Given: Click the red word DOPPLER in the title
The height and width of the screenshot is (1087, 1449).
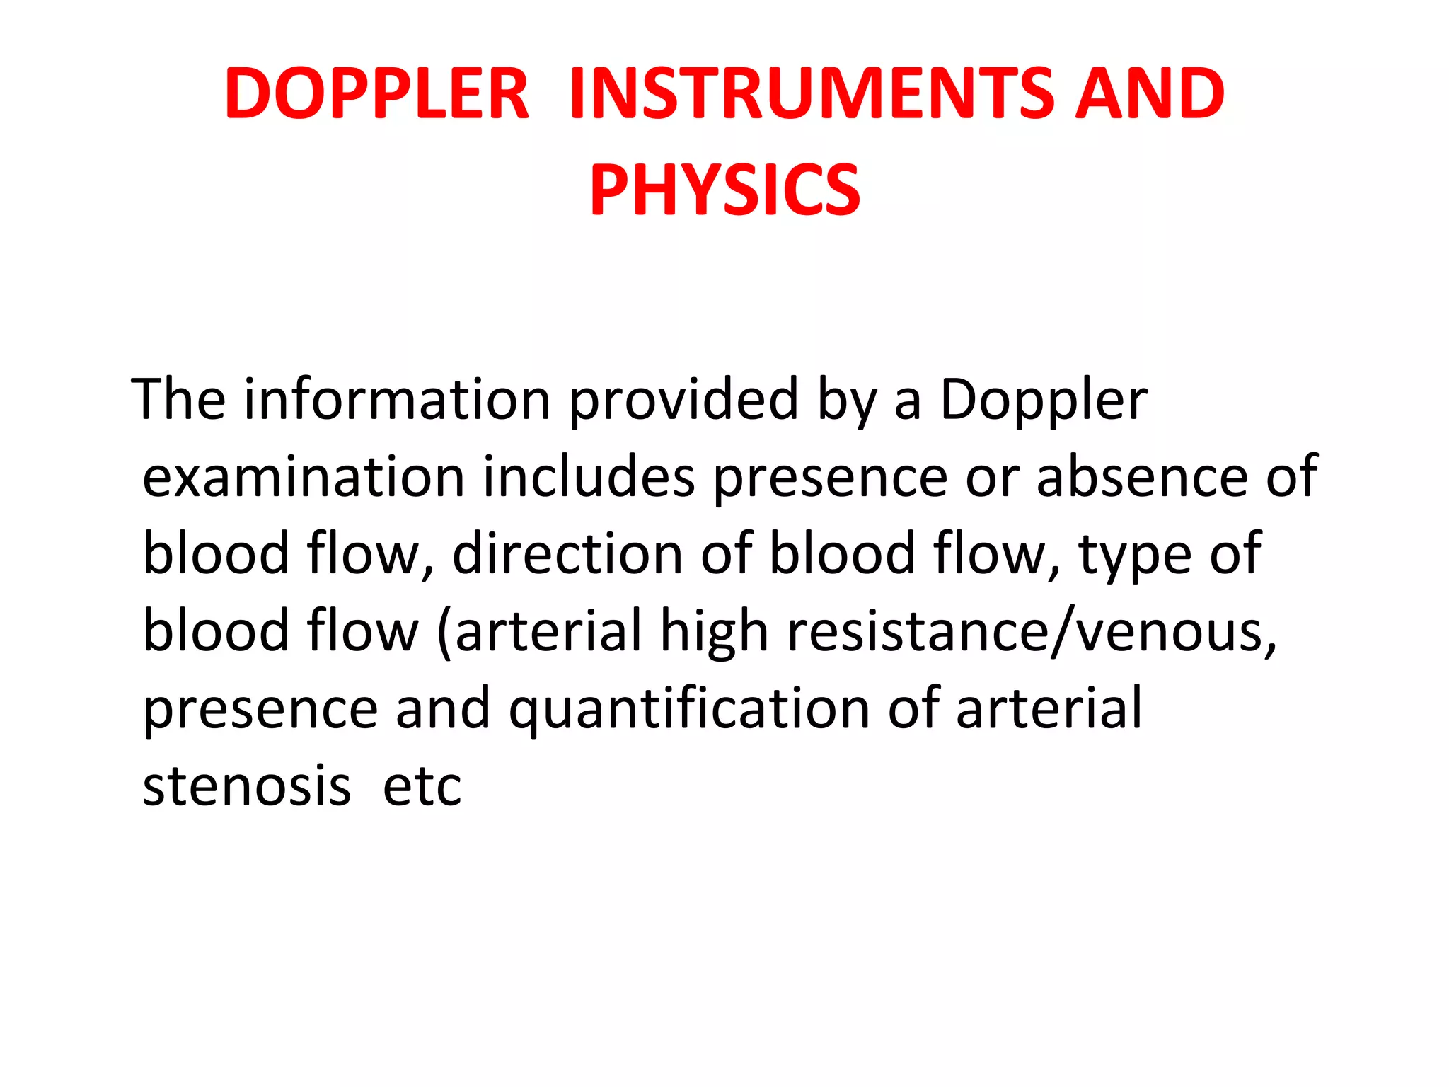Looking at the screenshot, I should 376,93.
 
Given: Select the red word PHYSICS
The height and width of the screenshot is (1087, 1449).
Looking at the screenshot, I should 725,190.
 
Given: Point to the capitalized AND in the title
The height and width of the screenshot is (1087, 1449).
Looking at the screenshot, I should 1150,93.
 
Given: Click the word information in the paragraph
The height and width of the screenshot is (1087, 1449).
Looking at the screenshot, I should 397,400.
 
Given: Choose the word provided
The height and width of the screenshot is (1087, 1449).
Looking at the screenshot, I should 683,400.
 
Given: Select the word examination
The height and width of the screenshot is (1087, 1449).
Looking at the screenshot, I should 304,477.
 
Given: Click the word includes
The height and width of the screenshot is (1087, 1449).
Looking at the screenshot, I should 589,477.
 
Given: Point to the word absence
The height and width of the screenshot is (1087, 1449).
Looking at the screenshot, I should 1142,477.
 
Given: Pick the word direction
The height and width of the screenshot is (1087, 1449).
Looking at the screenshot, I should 567,554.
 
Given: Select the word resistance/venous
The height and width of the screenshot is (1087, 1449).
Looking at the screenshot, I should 1032,632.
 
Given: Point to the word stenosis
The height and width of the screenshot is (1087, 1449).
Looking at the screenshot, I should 246,786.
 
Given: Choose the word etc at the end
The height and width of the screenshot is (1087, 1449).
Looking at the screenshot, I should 422,786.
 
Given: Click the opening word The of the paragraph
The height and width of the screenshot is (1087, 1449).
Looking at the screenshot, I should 179,400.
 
